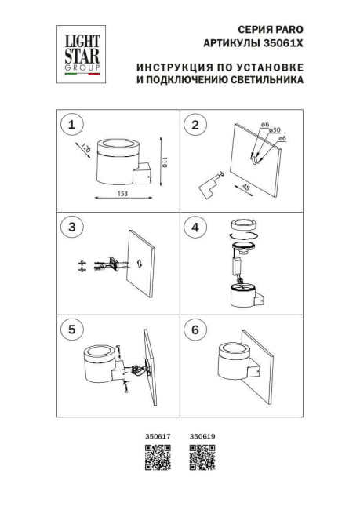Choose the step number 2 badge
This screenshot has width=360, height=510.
click(x=194, y=124)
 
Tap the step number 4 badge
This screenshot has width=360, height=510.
click(x=194, y=227)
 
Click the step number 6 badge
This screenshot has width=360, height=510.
click(x=194, y=330)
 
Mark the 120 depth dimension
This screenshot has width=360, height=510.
click(x=85, y=148)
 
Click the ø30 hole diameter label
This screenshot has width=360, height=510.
click(x=274, y=131)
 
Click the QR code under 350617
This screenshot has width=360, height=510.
click(x=156, y=457)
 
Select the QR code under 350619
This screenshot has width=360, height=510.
click(x=203, y=457)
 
